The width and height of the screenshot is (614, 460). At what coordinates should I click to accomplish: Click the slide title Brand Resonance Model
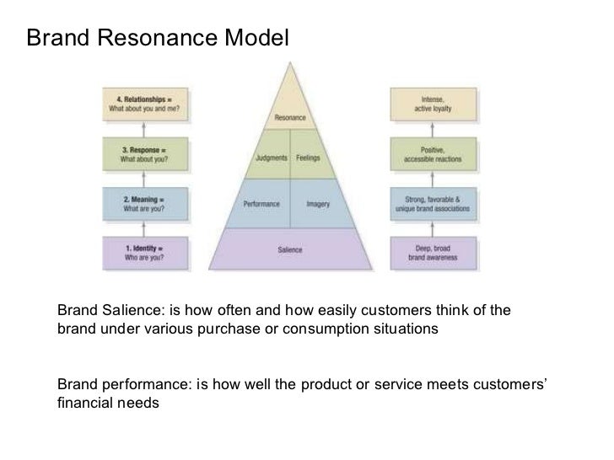(x=157, y=37)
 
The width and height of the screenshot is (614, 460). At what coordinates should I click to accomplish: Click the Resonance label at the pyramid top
(x=290, y=117)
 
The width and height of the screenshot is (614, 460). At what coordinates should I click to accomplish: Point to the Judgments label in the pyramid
(x=271, y=158)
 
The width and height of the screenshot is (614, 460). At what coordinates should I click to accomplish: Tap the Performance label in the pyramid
(x=262, y=204)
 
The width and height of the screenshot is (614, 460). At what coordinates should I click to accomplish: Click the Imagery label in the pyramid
(x=318, y=204)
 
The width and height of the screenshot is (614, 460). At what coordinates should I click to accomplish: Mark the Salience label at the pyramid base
(x=290, y=250)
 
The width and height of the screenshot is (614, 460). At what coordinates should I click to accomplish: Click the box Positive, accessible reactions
(x=437, y=153)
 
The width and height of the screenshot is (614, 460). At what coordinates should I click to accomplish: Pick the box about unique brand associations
(x=437, y=203)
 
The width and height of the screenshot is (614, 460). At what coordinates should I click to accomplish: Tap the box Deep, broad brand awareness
(x=437, y=252)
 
